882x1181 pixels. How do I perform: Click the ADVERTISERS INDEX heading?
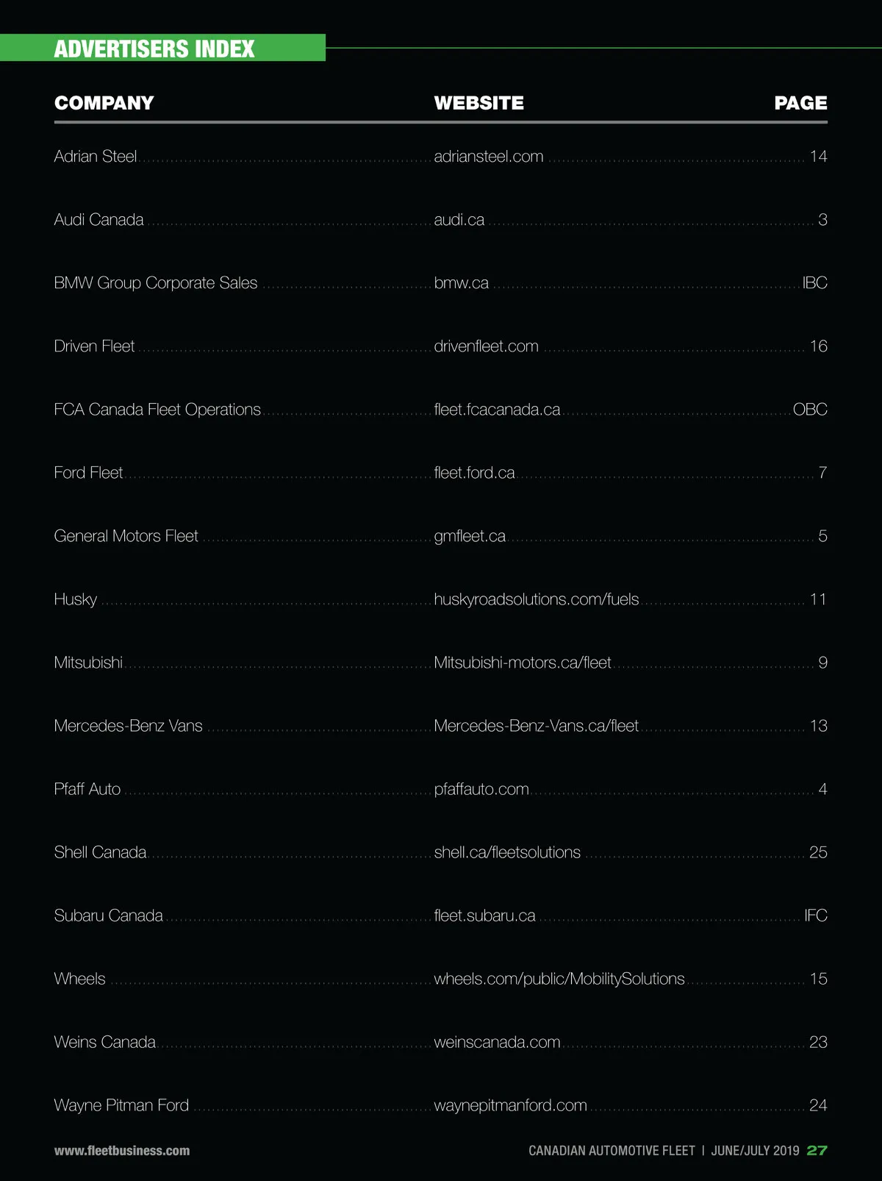(154, 49)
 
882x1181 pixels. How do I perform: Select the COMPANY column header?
(104, 103)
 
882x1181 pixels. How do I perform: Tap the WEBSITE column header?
(478, 103)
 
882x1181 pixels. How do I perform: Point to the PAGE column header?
(800, 103)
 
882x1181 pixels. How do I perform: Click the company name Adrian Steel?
(96, 157)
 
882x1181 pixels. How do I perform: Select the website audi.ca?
(459, 220)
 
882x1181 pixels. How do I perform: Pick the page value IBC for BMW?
(814, 283)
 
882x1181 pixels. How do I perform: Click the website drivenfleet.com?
(486, 346)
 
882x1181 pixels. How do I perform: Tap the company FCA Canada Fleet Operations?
(157, 410)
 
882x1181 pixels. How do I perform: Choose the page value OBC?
(810, 410)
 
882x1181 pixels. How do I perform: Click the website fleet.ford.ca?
(474, 473)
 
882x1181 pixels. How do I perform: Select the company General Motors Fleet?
(126, 536)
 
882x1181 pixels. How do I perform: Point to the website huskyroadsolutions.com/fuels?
(537, 599)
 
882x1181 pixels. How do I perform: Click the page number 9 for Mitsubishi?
(822, 663)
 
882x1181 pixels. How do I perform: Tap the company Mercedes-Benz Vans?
(128, 726)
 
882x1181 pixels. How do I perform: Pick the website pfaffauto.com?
(481, 789)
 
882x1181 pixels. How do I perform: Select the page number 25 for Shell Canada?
(818, 852)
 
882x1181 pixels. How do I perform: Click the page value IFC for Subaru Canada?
(816, 916)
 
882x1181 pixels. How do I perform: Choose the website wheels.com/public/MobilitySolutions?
(559, 979)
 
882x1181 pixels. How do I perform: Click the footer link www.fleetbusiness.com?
(122, 1151)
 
